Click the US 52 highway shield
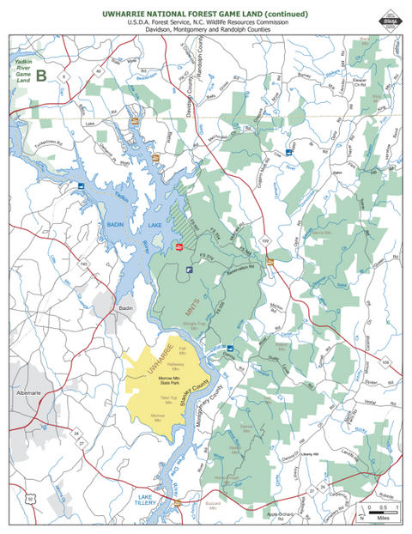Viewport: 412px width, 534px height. point(28,495)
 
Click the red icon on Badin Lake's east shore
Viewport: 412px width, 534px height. point(179,246)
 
